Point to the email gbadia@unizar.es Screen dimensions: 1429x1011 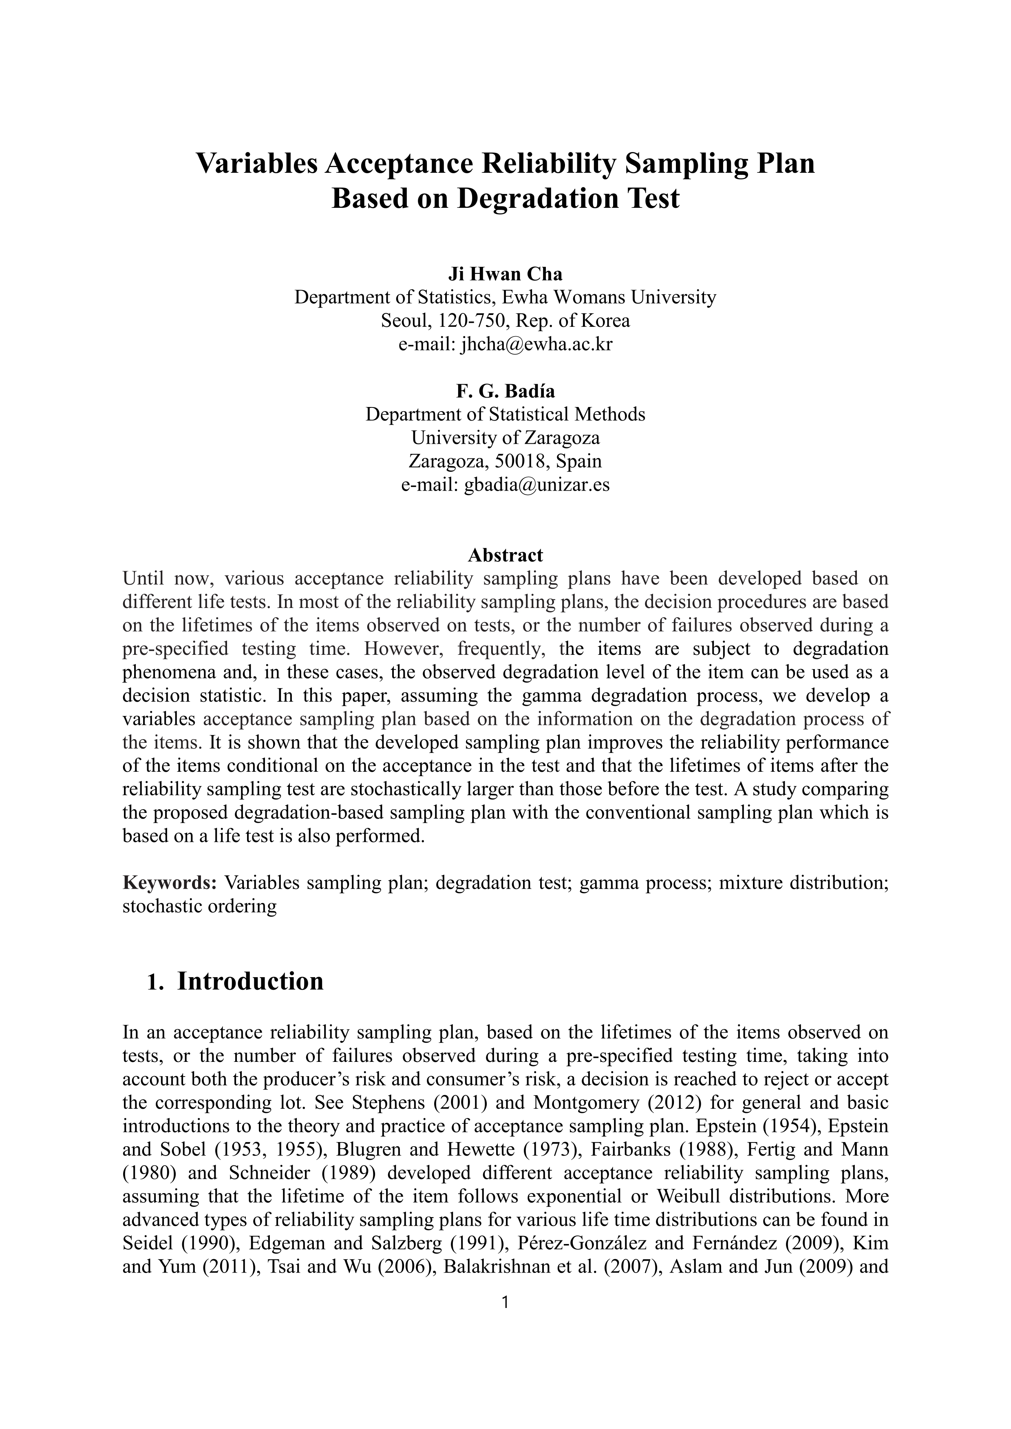tap(536, 485)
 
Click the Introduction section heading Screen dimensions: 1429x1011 tap(250, 981)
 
